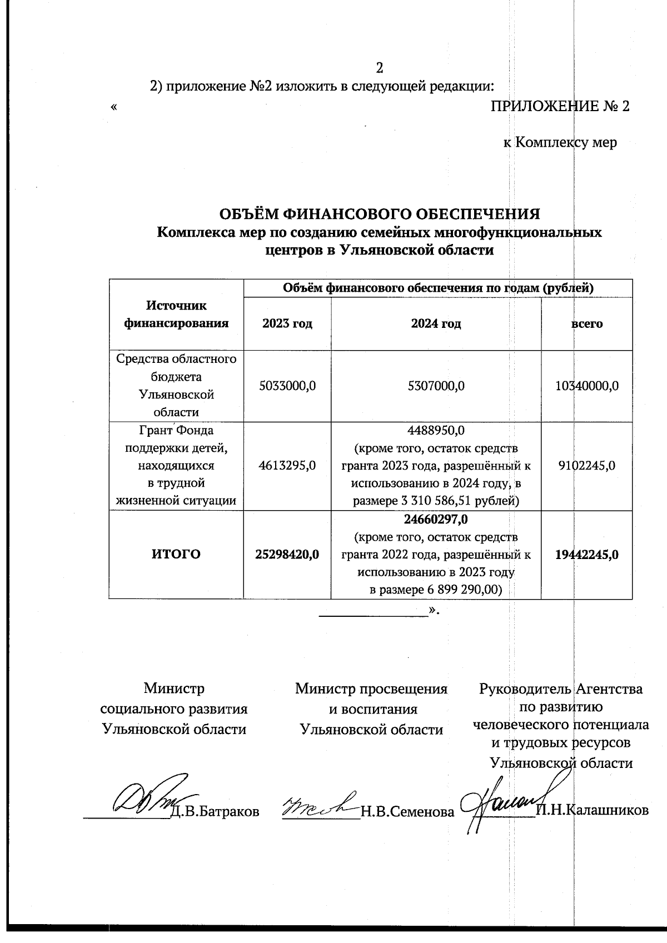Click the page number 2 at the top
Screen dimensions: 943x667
(x=380, y=68)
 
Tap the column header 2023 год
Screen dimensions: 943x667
(x=287, y=324)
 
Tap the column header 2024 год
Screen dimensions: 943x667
(x=436, y=324)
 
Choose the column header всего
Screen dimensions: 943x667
(x=587, y=324)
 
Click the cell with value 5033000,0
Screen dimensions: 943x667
(x=287, y=386)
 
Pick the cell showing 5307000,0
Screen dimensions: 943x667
(x=436, y=386)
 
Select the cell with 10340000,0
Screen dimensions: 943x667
(x=587, y=386)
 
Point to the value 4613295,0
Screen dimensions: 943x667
(x=287, y=466)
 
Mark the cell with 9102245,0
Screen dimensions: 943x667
(x=587, y=466)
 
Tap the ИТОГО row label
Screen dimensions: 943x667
(x=176, y=554)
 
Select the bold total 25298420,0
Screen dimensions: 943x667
(x=287, y=554)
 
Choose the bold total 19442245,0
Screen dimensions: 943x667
(x=587, y=554)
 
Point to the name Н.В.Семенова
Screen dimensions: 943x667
(x=407, y=812)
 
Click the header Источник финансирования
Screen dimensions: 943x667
(x=176, y=315)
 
